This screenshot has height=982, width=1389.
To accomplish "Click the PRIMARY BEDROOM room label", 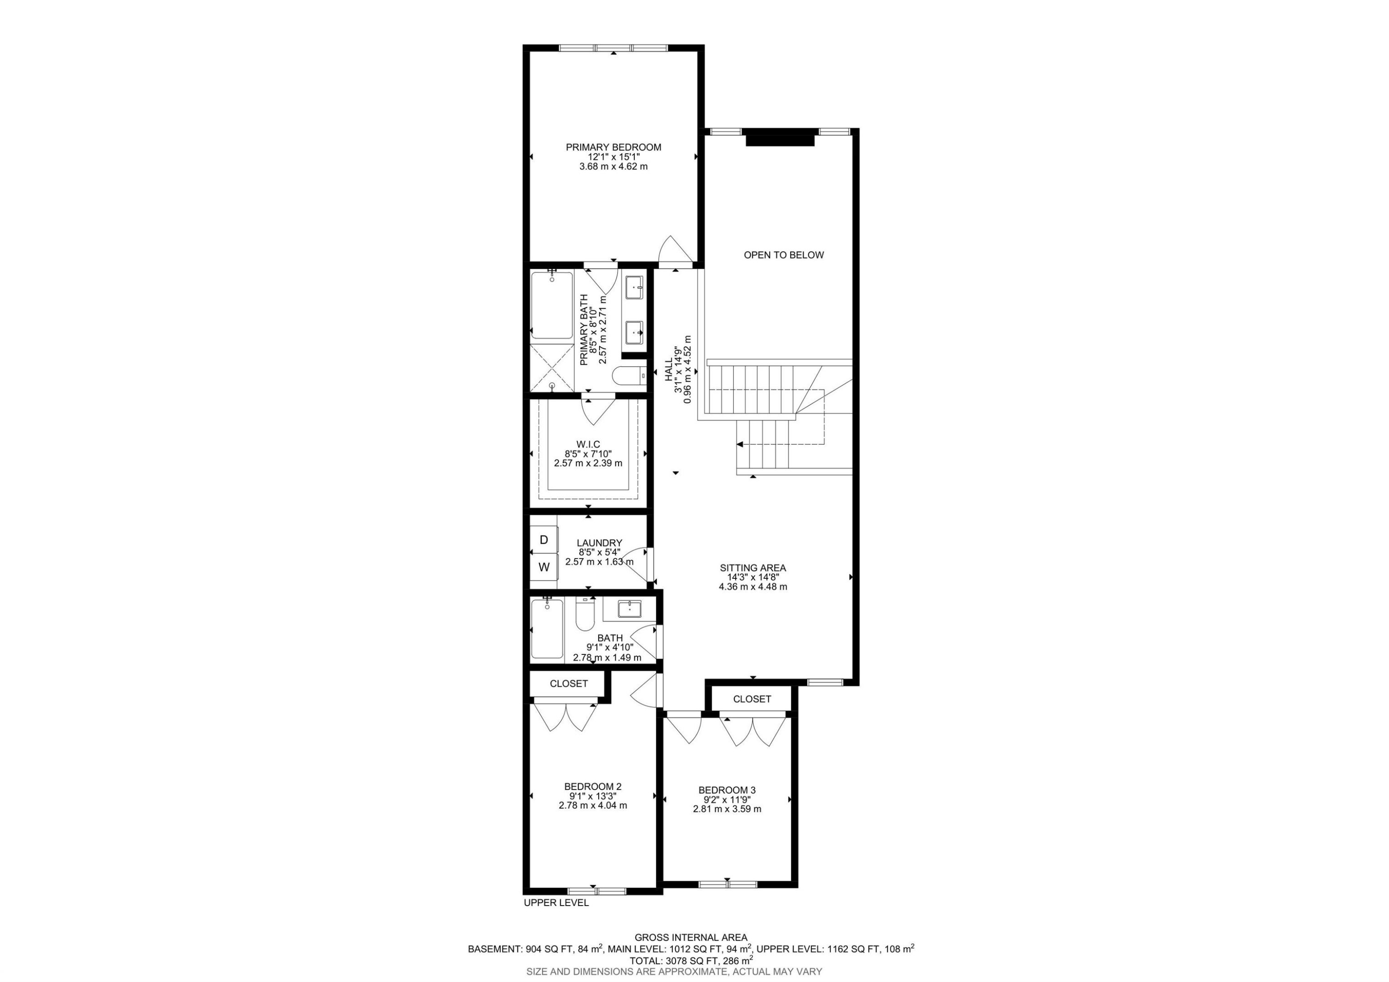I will (613, 147).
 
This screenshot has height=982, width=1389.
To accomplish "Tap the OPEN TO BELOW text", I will (783, 255).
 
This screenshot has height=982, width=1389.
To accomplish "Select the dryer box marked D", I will (543, 540).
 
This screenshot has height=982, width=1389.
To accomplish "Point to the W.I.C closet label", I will (588, 444).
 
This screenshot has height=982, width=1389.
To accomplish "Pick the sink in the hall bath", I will (629, 608).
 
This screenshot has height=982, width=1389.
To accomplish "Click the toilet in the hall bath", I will (584, 615).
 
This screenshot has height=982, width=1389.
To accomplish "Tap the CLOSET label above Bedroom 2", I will (568, 684).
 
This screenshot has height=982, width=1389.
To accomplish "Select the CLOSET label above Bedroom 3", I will (751, 699).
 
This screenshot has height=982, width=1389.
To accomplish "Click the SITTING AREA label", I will (752, 568).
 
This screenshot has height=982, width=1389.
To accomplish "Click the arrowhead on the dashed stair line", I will (739, 445).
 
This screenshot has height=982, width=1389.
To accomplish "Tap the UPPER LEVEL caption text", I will (555, 903).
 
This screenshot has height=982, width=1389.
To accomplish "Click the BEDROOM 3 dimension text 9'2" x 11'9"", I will (726, 799).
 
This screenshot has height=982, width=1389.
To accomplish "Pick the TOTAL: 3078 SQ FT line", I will (690, 960).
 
